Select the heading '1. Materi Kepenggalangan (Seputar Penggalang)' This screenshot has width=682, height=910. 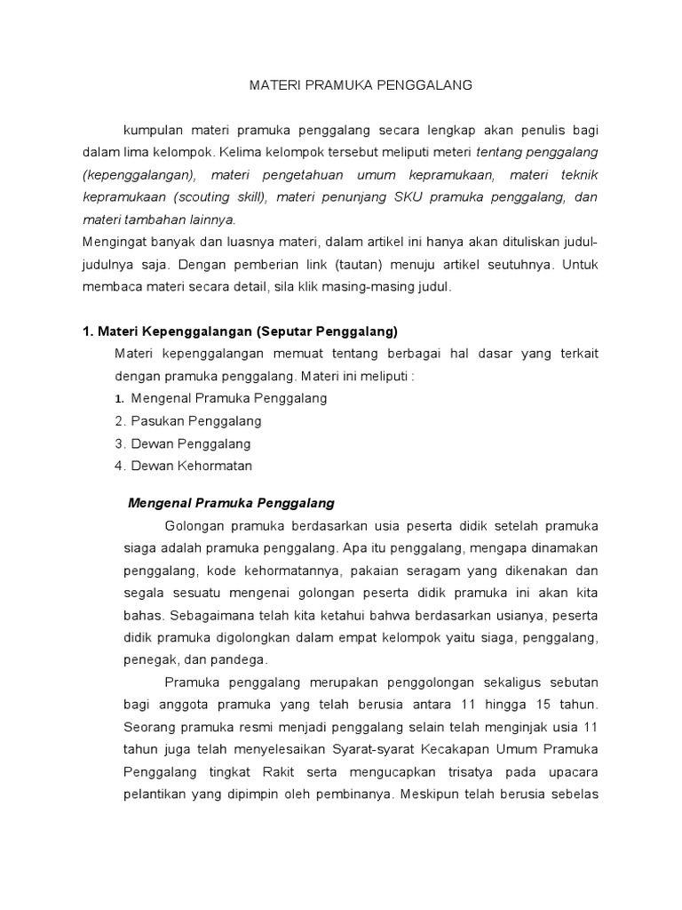click(x=239, y=331)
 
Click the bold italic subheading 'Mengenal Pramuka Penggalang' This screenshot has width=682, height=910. click(x=231, y=503)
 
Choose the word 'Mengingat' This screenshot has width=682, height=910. click(x=114, y=242)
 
